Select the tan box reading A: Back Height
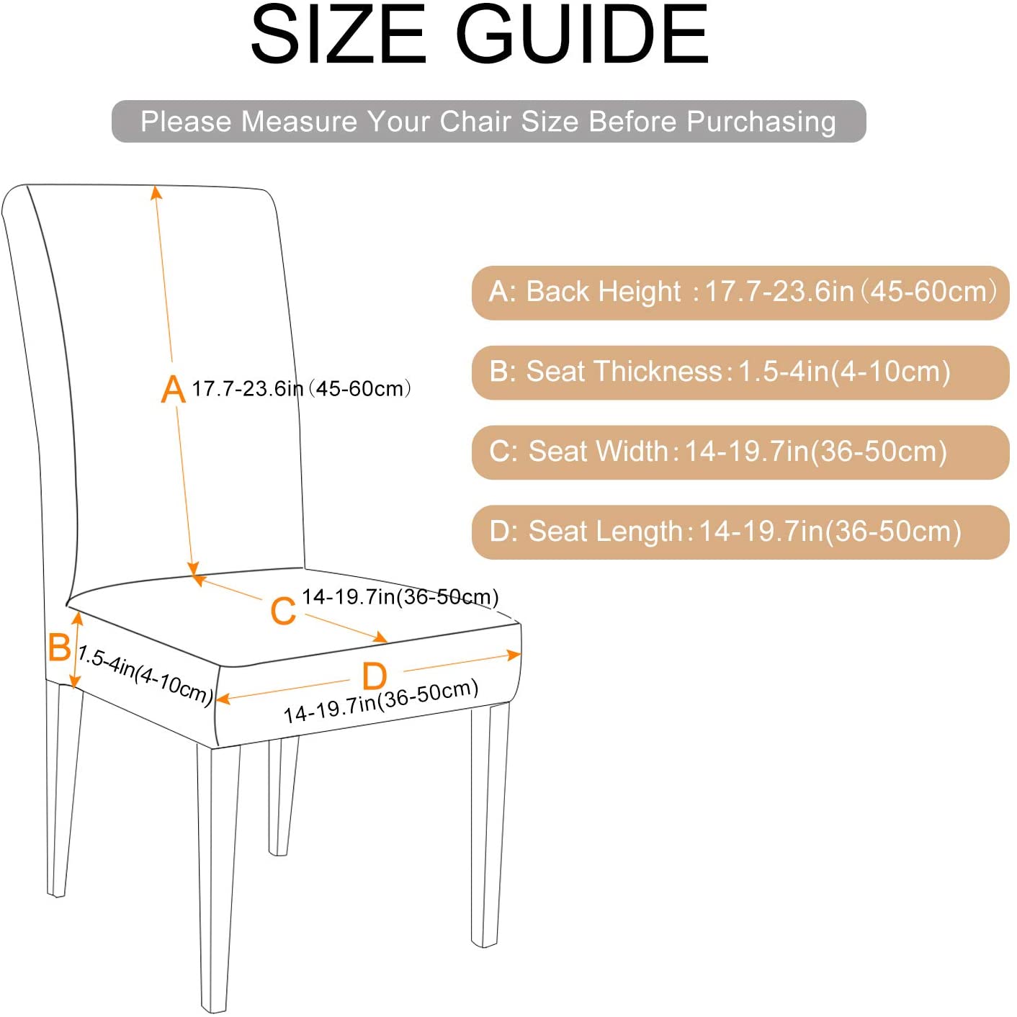click(x=740, y=292)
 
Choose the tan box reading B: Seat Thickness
click(x=740, y=372)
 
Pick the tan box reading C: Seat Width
click(x=740, y=452)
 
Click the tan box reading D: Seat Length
click(x=740, y=532)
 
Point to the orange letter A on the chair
click(x=173, y=389)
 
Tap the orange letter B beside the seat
click(x=59, y=647)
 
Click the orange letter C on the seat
click(x=283, y=611)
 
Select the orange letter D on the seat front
click(x=374, y=676)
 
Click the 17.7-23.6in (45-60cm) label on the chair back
click(x=301, y=389)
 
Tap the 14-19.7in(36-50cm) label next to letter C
click(x=400, y=597)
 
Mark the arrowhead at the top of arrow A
click(x=156, y=192)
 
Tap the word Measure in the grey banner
click(x=299, y=122)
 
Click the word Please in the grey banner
click(x=185, y=122)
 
